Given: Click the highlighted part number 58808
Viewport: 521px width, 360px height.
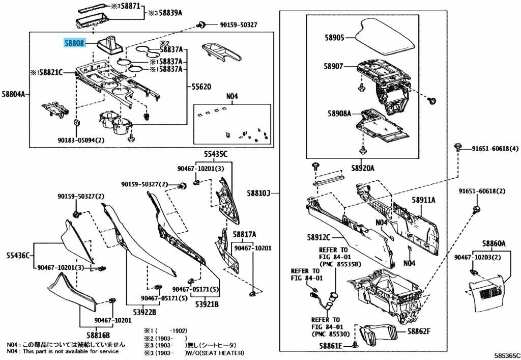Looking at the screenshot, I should click(x=74, y=43).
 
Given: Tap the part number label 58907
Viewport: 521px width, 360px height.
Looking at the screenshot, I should click(x=335, y=67).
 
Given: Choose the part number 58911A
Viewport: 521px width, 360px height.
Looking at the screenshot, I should click(x=423, y=200).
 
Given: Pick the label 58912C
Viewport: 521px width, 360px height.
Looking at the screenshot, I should click(x=319, y=237).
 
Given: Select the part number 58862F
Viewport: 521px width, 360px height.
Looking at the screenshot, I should click(x=418, y=331).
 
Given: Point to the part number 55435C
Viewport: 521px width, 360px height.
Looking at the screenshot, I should click(x=216, y=154).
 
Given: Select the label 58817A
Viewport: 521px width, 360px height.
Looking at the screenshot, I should click(x=244, y=234).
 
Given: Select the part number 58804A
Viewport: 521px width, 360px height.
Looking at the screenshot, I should click(x=14, y=94).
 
